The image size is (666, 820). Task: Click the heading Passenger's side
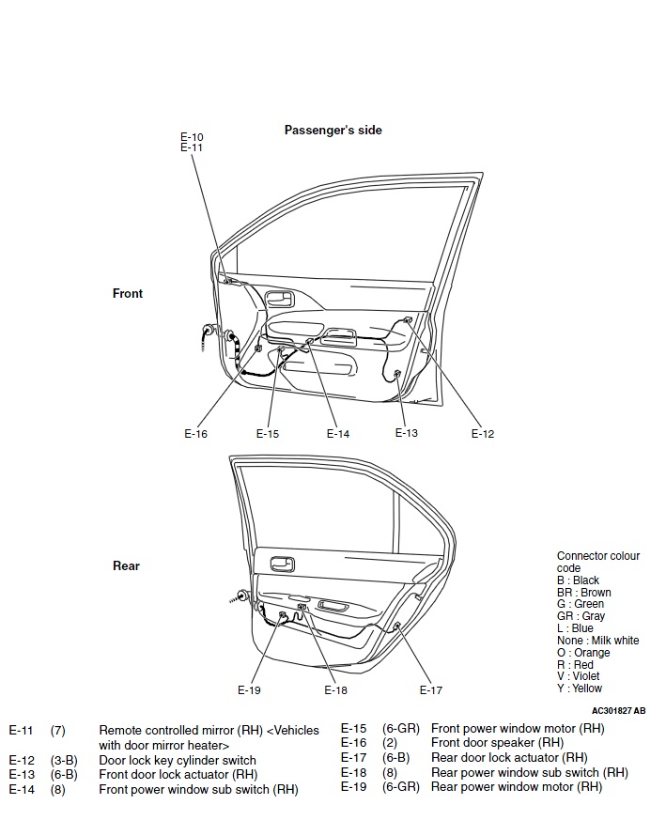tap(333, 131)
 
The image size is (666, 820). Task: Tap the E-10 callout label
tap(192, 137)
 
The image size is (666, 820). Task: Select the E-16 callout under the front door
tap(195, 434)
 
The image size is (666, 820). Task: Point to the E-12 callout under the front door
tap(482, 434)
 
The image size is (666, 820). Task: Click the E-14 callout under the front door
tap(338, 434)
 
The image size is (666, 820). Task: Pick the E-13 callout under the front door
tap(406, 433)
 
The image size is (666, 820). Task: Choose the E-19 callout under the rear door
tap(249, 690)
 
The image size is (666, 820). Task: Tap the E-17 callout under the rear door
tap(430, 690)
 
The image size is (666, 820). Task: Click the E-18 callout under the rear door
tap(335, 690)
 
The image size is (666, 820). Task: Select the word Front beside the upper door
tap(128, 294)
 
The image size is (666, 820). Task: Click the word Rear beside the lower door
tap(126, 566)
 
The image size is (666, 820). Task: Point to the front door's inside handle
tap(279, 300)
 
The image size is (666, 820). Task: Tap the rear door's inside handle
tap(281, 565)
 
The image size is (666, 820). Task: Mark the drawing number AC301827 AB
tap(618, 711)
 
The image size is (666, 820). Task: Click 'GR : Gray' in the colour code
tap(581, 617)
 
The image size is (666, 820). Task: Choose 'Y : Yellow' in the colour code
tap(580, 688)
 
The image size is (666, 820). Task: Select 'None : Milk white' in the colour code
tap(597, 641)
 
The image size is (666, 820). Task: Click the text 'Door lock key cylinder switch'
tap(177, 760)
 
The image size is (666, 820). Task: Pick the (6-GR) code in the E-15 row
tap(400, 728)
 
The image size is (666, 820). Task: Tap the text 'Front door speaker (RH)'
tap(497, 743)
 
